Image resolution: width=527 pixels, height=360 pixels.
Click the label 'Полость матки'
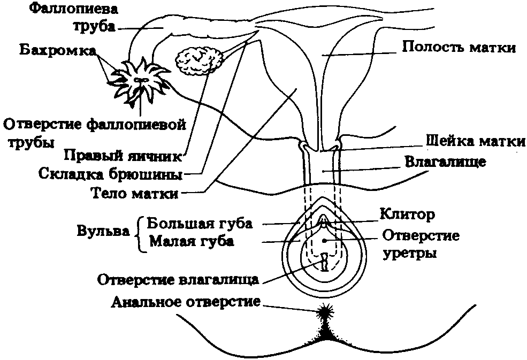coord(458,48)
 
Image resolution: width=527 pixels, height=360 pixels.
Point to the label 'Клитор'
coord(406,215)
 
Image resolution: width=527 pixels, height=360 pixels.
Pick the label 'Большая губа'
coord(200,223)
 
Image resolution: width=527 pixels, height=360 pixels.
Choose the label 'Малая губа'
coord(192,241)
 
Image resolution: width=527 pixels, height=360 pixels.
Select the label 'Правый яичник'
coord(124,155)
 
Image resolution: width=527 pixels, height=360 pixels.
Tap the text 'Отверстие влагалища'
coord(178,279)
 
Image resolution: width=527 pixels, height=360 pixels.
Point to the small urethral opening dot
coord(324,241)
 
